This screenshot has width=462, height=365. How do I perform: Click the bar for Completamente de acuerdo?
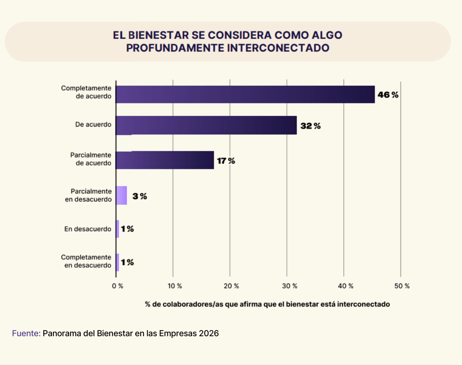coord(245,94)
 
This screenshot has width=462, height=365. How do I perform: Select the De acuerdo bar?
coord(206,125)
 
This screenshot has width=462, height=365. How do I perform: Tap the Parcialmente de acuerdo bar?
coord(165,160)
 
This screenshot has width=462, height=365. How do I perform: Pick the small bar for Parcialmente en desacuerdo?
coord(122,195)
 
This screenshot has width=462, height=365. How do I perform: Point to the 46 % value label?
coord(388,95)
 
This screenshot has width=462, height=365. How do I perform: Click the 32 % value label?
coord(310,126)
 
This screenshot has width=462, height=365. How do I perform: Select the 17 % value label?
coord(226,161)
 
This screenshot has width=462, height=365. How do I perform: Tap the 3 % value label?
coord(139,196)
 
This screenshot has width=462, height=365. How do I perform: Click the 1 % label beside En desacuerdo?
coord(127,229)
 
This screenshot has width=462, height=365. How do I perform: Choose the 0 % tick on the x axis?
coord(118,286)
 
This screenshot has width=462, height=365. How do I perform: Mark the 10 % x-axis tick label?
coord(174,286)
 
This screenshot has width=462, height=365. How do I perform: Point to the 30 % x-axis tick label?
coord(288,286)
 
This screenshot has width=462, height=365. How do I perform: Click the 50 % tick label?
coord(402,286)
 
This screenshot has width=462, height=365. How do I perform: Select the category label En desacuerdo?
coord(88,229)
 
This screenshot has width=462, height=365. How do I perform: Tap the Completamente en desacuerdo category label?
coord(86,261)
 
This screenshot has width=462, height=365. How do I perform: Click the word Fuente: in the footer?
coord(26,333)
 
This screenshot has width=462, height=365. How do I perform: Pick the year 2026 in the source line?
coord(208,333)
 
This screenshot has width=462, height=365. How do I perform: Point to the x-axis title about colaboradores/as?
coord(267,304)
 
